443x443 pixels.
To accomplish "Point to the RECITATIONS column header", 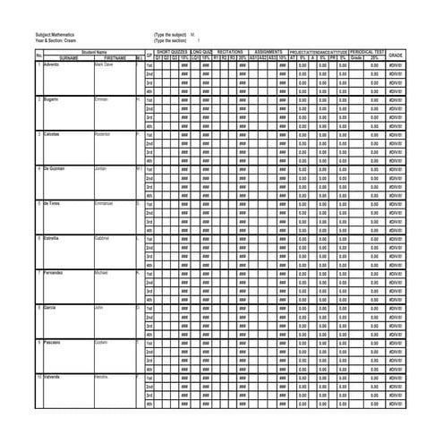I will coord(230,53).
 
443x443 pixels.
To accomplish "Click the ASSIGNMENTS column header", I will coord(268,53).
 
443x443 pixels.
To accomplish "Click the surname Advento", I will coord(47,64).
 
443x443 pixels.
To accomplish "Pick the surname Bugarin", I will coord(47,99).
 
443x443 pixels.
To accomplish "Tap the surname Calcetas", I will coord(47,134).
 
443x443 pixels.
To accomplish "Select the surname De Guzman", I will coord(50,168).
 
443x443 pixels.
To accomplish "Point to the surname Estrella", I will coord(47,238).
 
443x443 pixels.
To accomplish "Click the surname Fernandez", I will coord(50,273).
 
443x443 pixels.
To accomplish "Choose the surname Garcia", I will coord(46,307).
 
